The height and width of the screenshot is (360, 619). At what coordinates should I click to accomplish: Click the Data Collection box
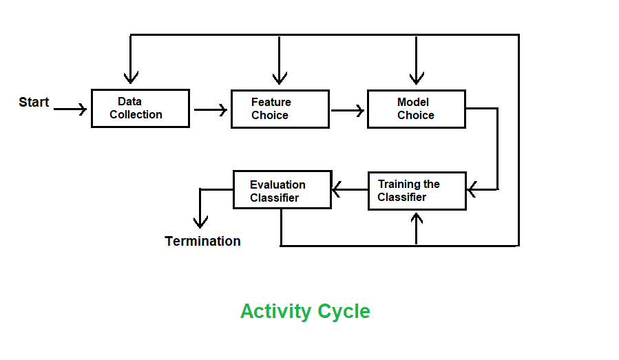(140, 108)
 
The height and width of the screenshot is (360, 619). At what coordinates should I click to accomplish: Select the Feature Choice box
(280, 109)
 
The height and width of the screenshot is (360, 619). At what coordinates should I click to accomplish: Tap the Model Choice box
(416, 109)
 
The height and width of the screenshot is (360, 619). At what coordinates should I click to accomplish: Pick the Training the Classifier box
(417, 191)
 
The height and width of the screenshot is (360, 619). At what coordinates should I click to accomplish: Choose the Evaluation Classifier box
(282, 190)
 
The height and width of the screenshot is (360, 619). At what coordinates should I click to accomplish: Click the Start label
(34, 103)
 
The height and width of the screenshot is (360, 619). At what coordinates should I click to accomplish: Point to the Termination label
(202, 241)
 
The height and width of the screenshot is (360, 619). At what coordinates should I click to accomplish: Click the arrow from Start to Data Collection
(70, 109)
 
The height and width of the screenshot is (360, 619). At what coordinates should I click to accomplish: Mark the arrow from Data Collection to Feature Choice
(210, 109)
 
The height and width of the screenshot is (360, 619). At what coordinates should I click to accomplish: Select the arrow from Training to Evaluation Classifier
(349, 189)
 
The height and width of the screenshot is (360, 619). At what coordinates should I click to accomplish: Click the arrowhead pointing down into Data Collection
(130, 77)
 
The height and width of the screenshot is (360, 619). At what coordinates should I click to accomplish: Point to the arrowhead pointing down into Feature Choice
(279, 77)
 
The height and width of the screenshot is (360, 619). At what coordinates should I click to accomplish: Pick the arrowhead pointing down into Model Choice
(416, 77)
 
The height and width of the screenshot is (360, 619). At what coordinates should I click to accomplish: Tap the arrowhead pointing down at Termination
(200, 222)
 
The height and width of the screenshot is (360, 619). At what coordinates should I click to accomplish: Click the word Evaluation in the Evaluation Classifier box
(277, 184)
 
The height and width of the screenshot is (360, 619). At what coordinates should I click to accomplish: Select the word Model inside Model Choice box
(413, 103)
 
